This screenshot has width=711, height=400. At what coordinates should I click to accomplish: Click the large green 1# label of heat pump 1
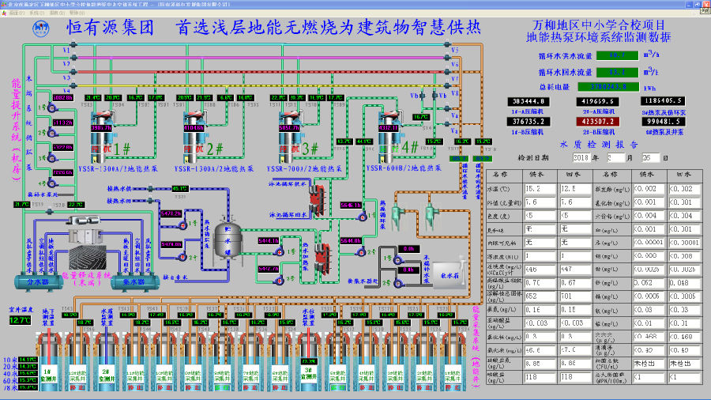click(x=122, y=148)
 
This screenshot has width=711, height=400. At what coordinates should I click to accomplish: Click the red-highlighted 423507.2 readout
click(x=598, y=122)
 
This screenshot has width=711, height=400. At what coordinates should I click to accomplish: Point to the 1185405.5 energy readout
click(x=664, y=102)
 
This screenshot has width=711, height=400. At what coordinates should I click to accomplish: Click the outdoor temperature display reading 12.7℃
click(x=20, y=320)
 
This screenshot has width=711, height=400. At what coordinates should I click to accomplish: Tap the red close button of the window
click(x=705, y=4)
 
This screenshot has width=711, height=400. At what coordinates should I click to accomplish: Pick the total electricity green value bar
click(x=621, y=86)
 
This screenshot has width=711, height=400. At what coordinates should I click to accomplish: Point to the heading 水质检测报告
click(x=598, y=145)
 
